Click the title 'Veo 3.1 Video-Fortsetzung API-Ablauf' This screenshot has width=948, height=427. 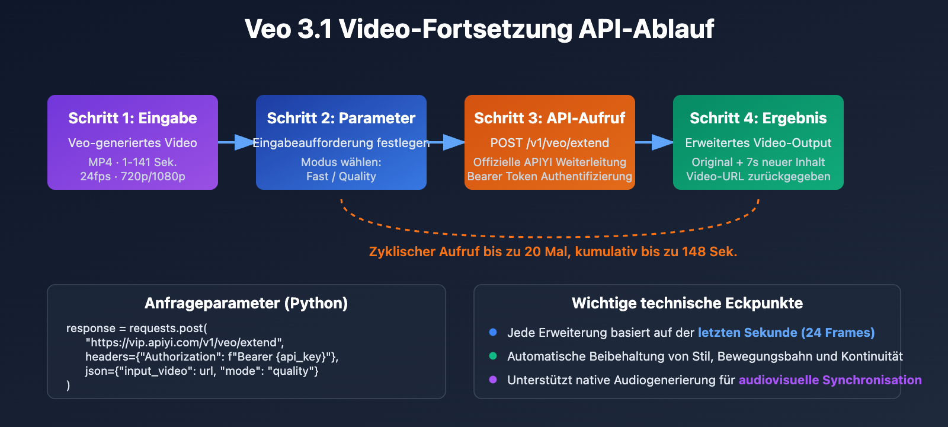coord(479,29)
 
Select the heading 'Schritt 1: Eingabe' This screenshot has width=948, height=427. coord(133,118)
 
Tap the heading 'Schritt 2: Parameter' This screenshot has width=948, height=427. coord(341,118)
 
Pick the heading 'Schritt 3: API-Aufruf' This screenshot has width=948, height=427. coord(550,118)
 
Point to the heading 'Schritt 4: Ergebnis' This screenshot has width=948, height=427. coord(758,118)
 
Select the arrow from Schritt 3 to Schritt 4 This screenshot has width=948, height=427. coord(655,142)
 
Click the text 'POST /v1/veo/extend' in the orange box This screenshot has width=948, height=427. coord(550,143)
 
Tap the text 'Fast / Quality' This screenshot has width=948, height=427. coord(341,176)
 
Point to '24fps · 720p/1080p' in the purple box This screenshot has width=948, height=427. coord(133,176)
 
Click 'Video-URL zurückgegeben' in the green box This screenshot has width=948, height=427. coord(758,176)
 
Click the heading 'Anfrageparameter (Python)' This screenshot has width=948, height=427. coord(246,303)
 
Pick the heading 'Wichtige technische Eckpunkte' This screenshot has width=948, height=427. coord(687,303)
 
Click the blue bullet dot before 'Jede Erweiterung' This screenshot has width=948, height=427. coord(493,332)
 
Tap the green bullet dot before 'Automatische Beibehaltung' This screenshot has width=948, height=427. coord(493,356)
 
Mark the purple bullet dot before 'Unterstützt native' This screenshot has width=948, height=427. coord(493,380)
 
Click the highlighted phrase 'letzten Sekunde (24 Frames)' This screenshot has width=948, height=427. coord(786,333)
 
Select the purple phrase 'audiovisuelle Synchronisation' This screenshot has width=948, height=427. coord(830,380)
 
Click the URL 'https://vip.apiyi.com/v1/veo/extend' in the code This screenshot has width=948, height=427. coord(184,342)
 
